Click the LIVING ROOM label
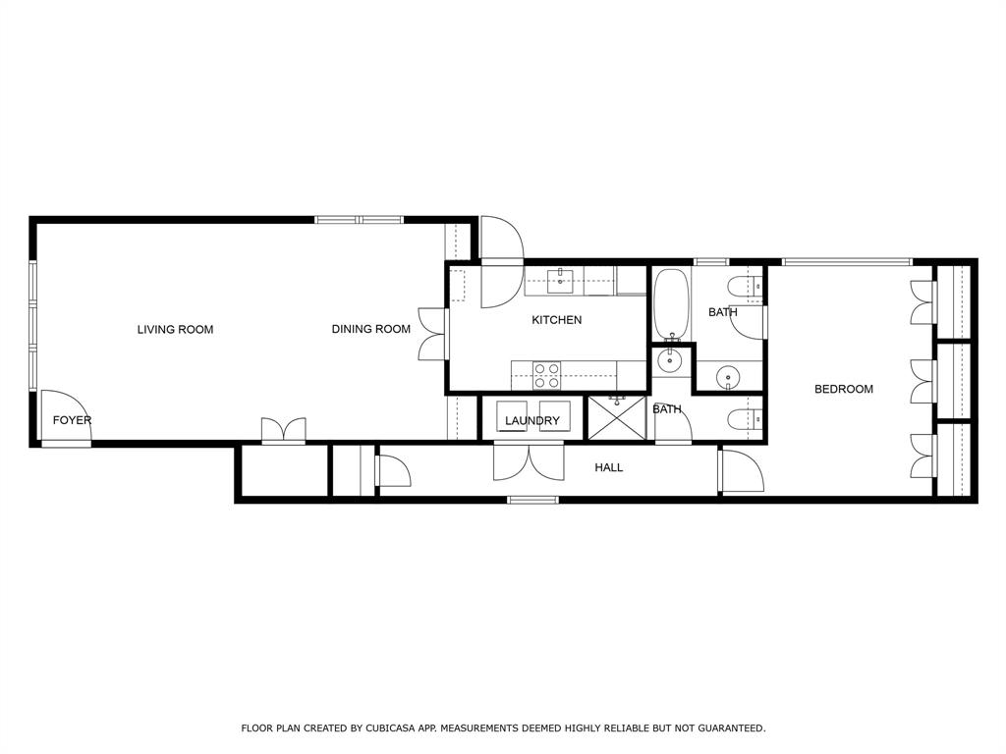pos(175,330)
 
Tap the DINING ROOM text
pos(370,330)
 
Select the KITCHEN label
pos(556,320)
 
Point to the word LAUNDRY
pos(531,421)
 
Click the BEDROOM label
pos(843,390)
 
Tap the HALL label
pos(608,468)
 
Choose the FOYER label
pos(72,421)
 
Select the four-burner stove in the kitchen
pos(547,376)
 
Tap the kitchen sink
pos(561,281)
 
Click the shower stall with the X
pos(616,419)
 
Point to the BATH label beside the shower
pos(667,409)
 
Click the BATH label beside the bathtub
pos(722,313)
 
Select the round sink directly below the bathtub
pos(671,360)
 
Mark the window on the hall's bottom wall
pos(532,501)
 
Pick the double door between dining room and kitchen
pos(431,334)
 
